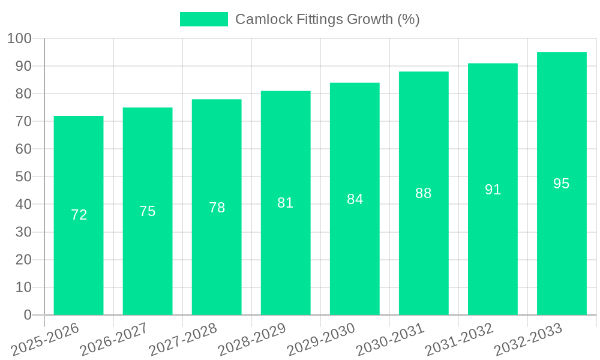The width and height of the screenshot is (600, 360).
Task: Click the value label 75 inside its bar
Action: point(148,211)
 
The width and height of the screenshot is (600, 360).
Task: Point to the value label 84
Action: point(355,199)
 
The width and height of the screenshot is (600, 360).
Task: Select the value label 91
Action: point(493,190)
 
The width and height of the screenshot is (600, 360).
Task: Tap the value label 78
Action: point(217,208)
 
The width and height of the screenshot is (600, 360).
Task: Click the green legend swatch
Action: point(204,19)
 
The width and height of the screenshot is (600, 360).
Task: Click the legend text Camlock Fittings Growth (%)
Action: point(327,19)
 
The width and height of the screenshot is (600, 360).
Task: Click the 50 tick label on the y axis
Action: point(23,177)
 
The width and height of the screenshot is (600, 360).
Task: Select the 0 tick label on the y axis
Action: point(27,315)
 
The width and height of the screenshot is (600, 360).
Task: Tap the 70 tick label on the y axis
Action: point(23,122)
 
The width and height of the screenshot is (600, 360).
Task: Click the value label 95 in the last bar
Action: point(562,184)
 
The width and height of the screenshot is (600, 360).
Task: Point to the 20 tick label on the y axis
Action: point(23,260)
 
